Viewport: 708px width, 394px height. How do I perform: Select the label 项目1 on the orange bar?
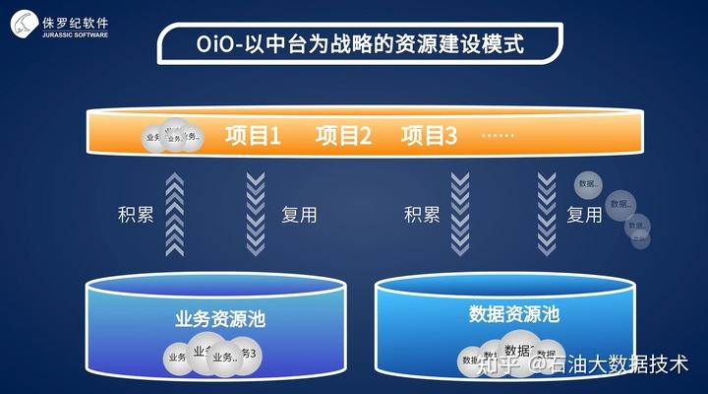253,135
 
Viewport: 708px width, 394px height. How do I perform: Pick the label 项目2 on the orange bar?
342,135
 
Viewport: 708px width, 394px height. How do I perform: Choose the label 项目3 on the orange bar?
430,135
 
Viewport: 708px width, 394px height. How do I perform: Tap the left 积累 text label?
135,215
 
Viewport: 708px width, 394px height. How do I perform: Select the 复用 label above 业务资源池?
299,215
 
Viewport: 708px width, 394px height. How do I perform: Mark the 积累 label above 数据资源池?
422,215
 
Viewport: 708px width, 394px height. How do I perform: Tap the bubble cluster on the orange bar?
171,137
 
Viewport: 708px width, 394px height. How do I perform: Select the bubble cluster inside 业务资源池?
212,356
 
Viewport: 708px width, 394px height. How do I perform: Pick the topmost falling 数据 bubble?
589,183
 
